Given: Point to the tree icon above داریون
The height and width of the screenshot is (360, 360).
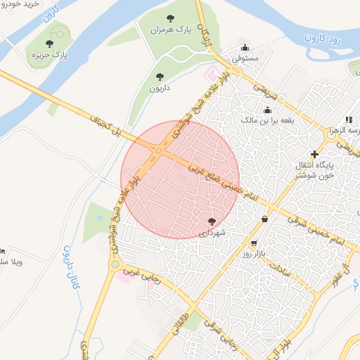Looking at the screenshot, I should pos(159,76).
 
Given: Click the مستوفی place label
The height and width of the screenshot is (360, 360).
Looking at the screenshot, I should pos(246,57).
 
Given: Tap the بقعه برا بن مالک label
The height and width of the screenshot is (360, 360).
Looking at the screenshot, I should pos(266,121).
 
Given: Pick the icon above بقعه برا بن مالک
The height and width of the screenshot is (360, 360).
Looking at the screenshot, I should pos(267,110).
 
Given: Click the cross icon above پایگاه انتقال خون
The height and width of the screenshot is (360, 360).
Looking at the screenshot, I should pos(314,154).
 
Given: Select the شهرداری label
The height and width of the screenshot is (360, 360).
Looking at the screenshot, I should pos(212,231).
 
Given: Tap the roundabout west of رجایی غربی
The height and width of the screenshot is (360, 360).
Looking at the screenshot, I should pos(114,265).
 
